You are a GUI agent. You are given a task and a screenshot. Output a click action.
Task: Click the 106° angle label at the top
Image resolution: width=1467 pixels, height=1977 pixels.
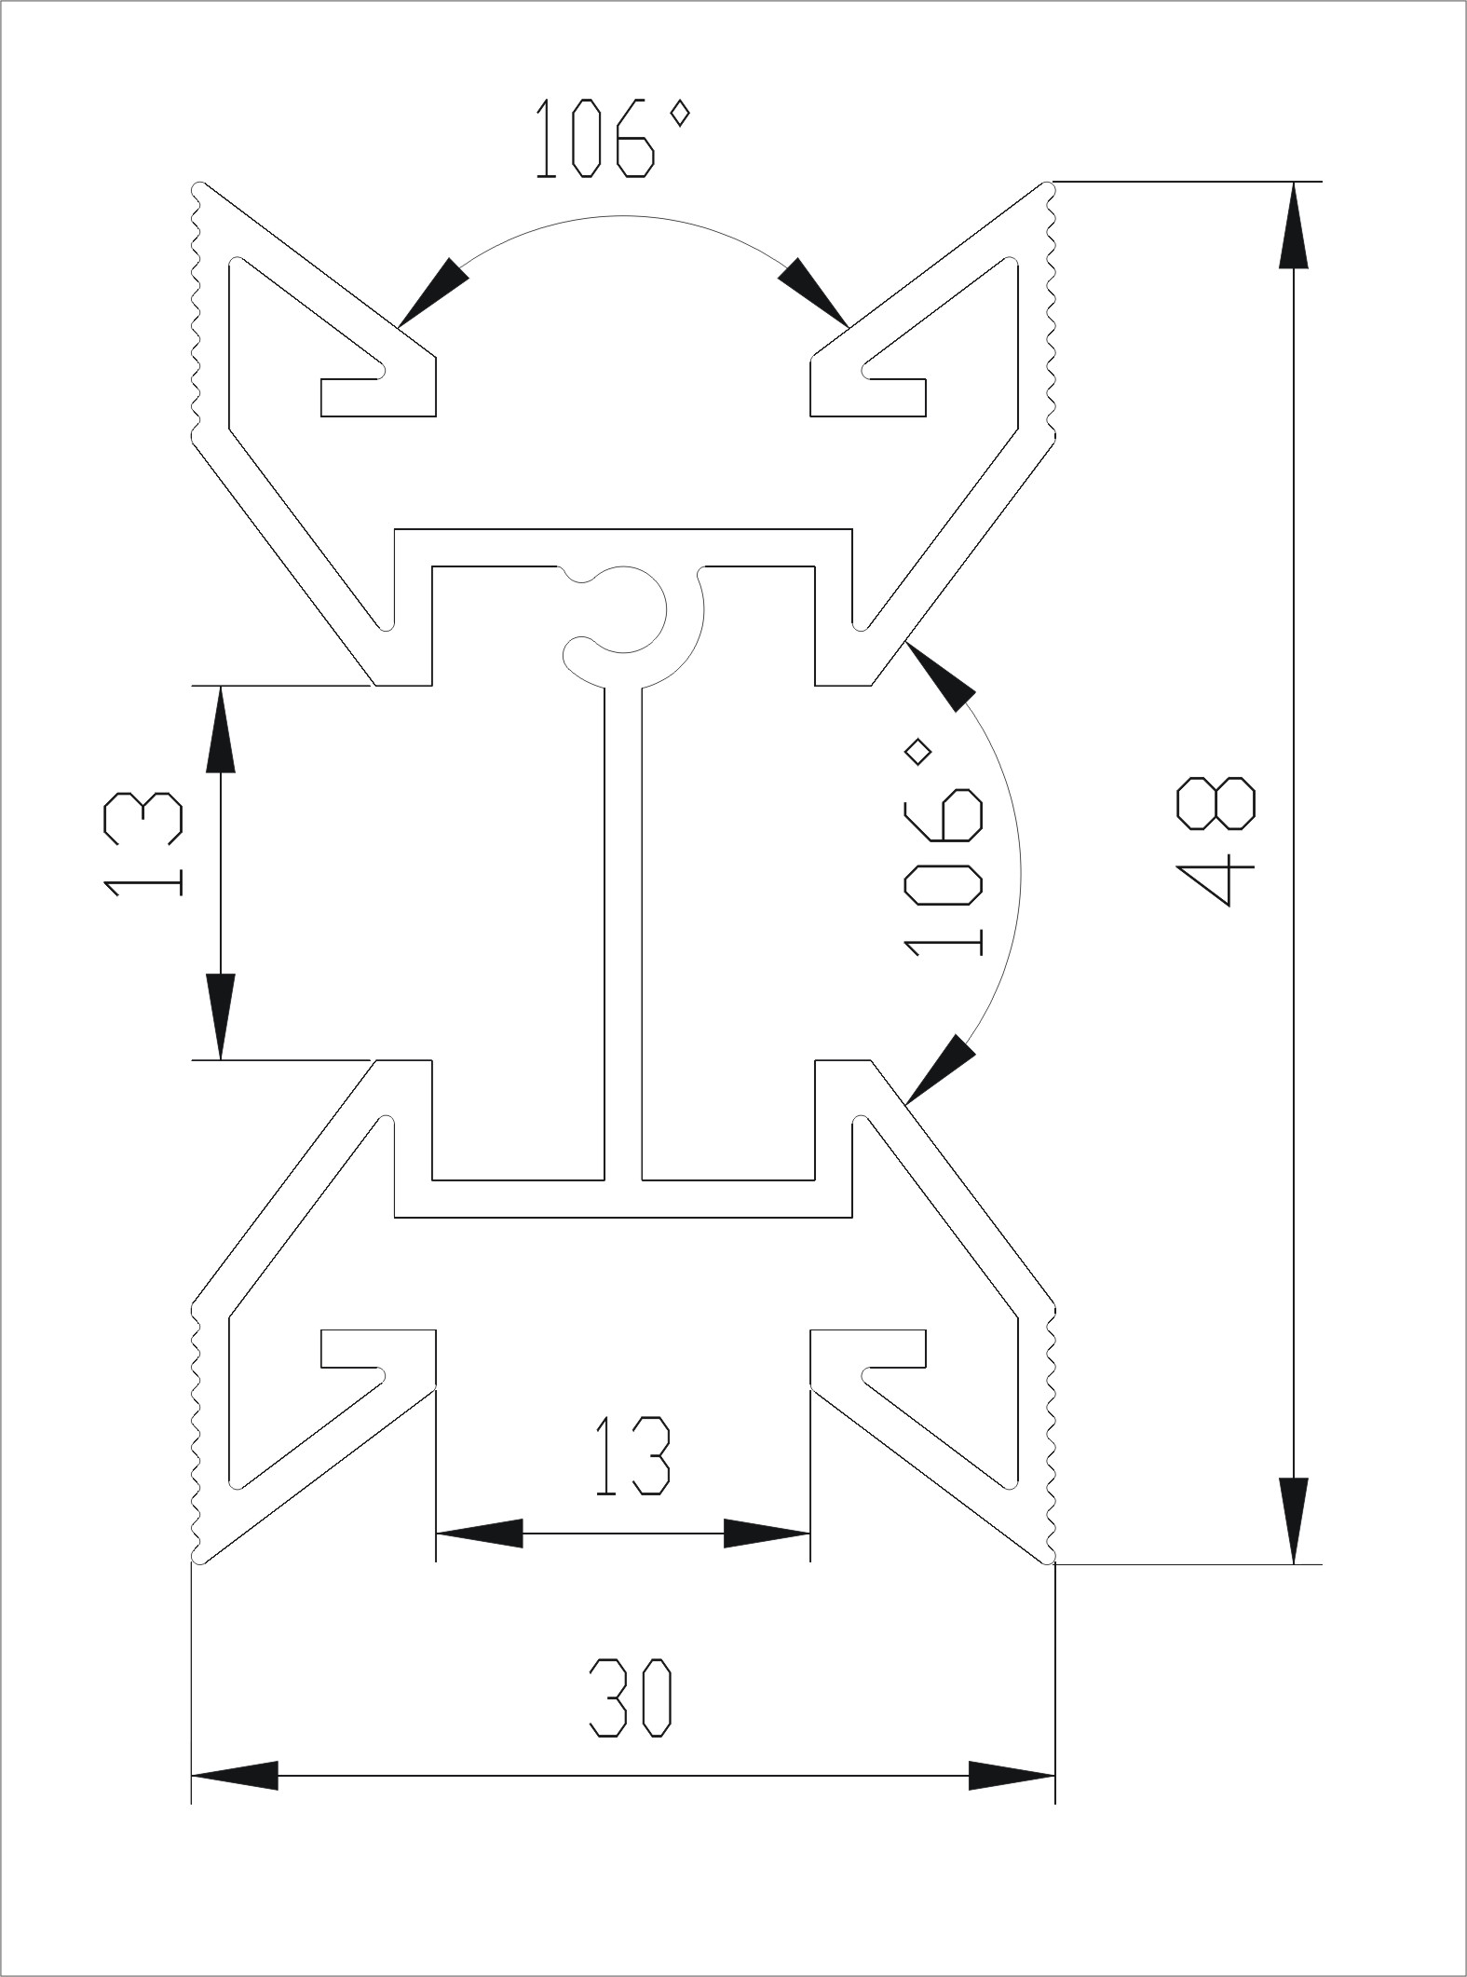coord(612,140)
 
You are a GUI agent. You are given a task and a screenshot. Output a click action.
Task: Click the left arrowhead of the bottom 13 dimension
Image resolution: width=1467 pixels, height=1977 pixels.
coord(479,1533)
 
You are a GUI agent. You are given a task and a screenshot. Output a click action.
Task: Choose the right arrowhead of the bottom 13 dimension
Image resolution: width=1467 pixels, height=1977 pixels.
coord(767,1533)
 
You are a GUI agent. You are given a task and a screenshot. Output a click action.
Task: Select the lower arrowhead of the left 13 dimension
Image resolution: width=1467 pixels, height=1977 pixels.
coord(221,1016)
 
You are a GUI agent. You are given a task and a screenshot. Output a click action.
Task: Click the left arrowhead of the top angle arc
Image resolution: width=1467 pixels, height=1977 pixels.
coord(430,293)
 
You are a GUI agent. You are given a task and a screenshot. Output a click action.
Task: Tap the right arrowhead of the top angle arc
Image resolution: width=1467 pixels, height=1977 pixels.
coord(816,293)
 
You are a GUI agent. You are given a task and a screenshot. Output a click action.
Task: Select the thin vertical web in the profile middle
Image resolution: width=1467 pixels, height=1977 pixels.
coord(622,932)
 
